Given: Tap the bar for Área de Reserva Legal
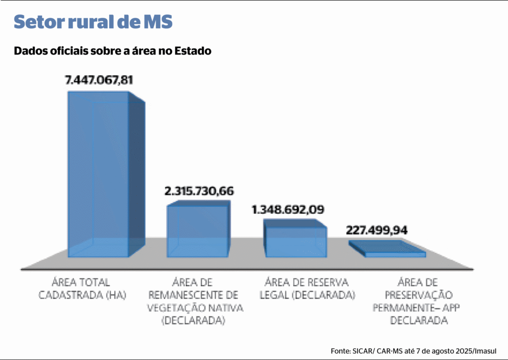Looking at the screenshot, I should (x=296, y=241).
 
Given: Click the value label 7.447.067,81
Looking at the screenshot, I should (x=99, y=80).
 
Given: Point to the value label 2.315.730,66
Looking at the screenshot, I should (x=199, y=191).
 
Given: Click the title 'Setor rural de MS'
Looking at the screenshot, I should (x=93, y=22).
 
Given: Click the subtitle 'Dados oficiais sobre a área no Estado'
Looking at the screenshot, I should (x=113, y=51).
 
